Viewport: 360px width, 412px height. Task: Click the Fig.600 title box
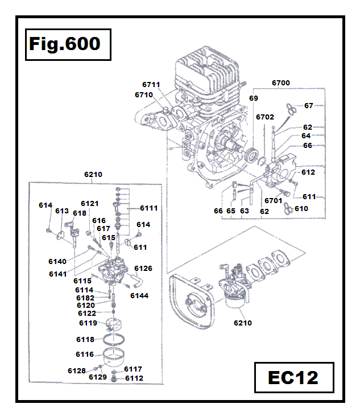pos(64,44)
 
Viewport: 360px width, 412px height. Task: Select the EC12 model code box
pos(293,377)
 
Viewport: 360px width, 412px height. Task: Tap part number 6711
pos(151,84)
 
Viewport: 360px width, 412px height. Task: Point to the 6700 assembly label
pos(280,83)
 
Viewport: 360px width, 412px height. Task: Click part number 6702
pos(265,117)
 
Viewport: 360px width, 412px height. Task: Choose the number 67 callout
pos(309,105)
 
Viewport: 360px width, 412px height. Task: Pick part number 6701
pos(273,200)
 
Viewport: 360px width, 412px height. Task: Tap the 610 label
pos(301,208)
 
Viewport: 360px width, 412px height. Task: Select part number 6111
pos(149,208)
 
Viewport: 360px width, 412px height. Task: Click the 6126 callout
pos(143,268)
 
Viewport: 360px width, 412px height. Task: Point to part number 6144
pos(139,295)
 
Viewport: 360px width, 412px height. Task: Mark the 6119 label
pos(88,323)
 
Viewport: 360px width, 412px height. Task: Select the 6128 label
pos(76,370)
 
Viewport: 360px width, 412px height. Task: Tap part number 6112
pos(134,377)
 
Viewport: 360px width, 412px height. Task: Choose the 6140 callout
pos(57,261)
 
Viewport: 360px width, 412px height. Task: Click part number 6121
pos(89,203)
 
